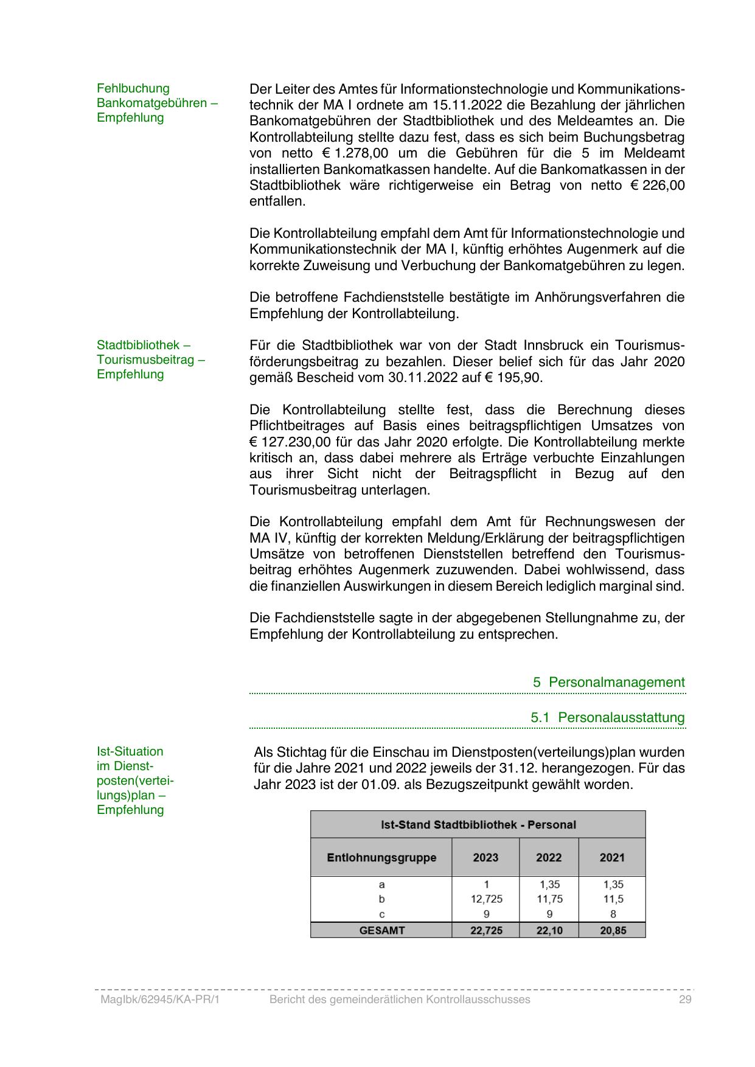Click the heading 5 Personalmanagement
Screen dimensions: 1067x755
pos(609,682)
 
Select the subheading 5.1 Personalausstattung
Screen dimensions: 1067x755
pos(608,717)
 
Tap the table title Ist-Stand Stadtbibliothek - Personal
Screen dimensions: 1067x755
pos(478,825)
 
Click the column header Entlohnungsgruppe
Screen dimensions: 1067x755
pos(381,858)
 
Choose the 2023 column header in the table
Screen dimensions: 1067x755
pos(485,858)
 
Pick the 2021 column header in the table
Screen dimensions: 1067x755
pos(612,858)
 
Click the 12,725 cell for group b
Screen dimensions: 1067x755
pos(486,899)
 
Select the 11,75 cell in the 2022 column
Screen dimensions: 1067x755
pos(549,899)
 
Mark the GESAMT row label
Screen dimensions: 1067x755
pos(382,930)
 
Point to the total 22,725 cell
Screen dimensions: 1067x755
pos(486,930)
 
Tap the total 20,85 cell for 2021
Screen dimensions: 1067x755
pos(613,930)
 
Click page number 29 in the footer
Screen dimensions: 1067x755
pos(686,999)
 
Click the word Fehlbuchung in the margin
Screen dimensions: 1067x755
pos(133,88)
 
